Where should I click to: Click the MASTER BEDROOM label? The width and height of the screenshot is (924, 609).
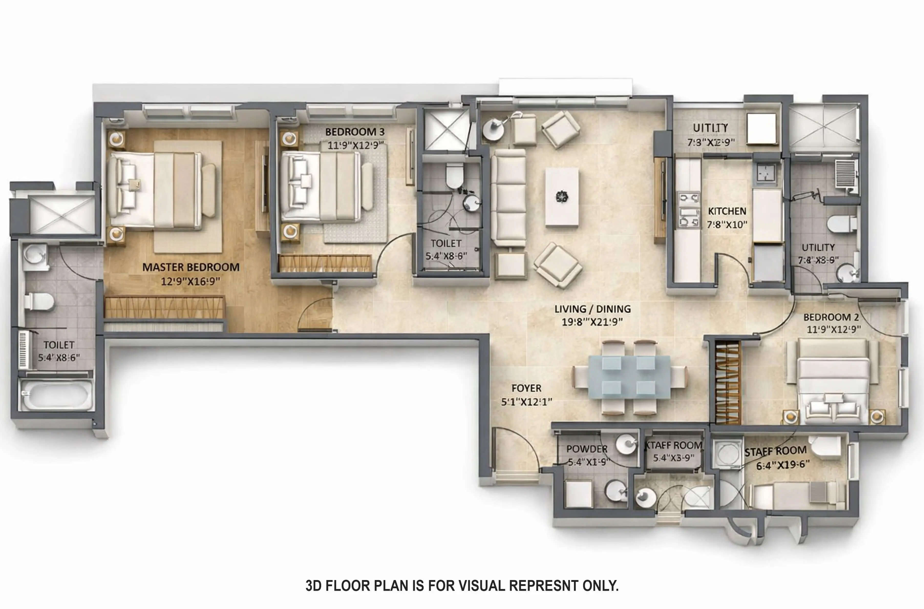[x=191, y=267]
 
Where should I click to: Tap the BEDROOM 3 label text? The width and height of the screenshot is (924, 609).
[x=355, y=132]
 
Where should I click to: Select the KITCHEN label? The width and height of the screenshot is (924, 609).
[x=727, y=211]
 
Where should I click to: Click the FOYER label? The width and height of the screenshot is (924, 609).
[x=526, y=388]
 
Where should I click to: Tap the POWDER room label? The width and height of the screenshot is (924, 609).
[x=587, y=449]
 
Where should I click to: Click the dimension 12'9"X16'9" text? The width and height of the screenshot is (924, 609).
[x=191, y=281]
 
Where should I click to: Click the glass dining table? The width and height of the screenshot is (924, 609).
[x=629, y=377]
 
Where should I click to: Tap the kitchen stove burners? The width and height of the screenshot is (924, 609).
[x=689, y=210]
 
